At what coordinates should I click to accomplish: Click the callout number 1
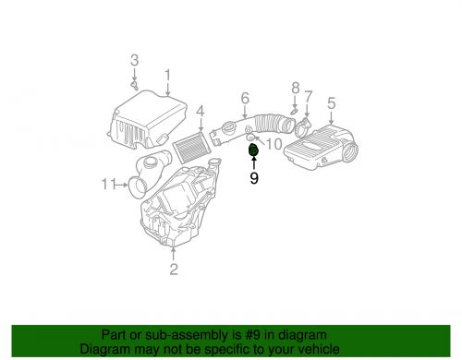coord(167,75)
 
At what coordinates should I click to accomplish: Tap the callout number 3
coord(134,61)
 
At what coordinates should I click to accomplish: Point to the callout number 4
coord(199,113)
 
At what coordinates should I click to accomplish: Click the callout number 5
coord(331,104)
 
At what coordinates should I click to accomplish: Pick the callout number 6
coord(245,98)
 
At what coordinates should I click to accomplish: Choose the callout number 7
coord(309,96)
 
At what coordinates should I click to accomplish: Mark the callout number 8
coord(296,88)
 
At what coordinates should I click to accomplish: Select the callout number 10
coord(274,143)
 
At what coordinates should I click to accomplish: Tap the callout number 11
coord(108,185)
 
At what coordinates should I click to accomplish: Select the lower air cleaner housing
coord(180,212)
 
